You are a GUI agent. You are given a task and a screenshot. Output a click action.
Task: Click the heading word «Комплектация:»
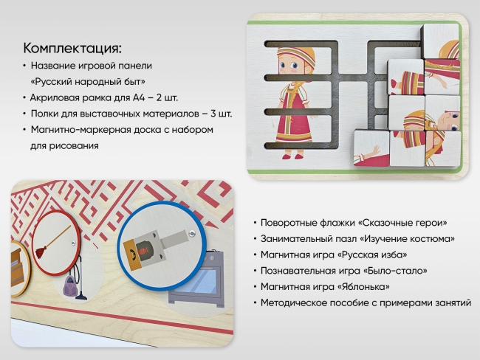[x=72, y=49]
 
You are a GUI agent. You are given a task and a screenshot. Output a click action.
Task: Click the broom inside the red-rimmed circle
[x=55, y=243]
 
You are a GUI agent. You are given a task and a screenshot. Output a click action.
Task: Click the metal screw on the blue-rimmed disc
[x=191, y=233]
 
